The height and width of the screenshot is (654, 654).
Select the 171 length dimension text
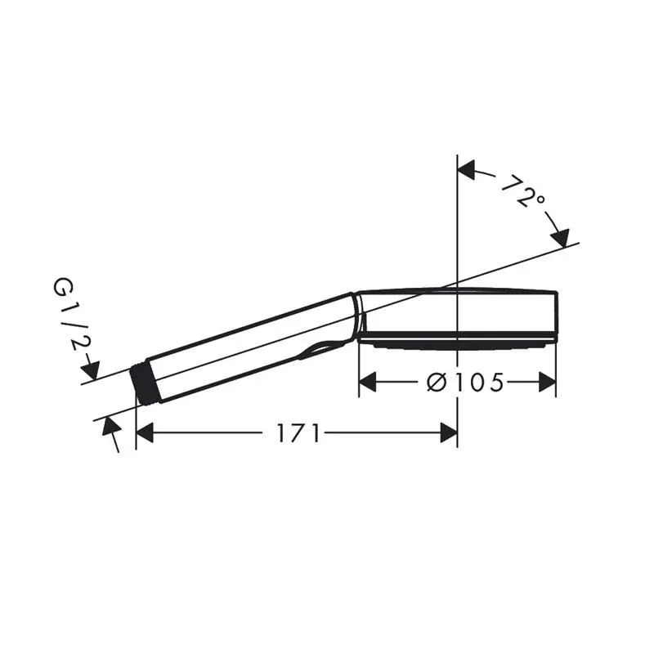pos(298,433)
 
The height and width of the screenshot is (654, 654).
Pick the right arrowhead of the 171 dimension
pos(448,433)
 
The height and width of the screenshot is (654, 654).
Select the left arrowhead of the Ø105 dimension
pos(368,382)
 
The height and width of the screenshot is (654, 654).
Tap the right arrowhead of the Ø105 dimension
pos(548,382)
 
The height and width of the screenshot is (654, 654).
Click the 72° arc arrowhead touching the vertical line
pos(467,170)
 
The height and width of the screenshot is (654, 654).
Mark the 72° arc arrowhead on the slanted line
pos(560,237)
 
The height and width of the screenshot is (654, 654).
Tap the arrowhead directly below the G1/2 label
pos(91,371)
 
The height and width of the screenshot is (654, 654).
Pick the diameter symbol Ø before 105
pos(437,382)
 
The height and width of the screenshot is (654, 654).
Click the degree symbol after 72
pos(540,200)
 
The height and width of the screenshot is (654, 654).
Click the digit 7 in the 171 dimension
pos(298,433)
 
